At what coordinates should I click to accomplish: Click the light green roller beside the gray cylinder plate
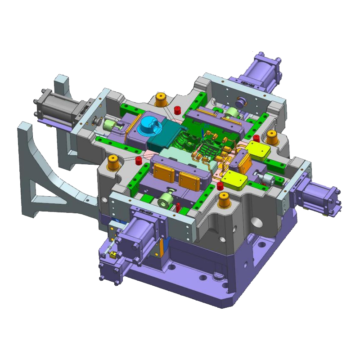[109, 124]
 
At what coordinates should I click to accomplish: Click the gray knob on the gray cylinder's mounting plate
[96, 121]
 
